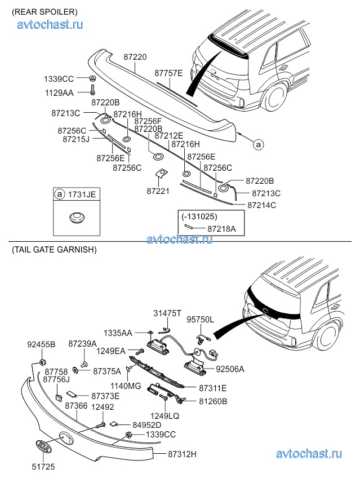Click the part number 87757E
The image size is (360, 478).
tap(168, 73)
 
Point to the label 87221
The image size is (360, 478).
tap(158, 192)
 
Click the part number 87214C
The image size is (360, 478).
tap(261, 205)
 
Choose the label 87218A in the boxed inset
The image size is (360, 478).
tap(221, 229)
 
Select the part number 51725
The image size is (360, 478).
tap(42, 467)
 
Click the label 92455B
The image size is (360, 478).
tap(41, 344)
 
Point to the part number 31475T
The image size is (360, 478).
tap(168, 313)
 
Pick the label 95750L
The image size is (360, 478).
tap(200, 319)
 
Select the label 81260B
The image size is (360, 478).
tap(213, 401)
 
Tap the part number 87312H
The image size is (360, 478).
tap(182, 453)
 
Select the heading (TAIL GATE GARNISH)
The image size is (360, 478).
tap(54, 249)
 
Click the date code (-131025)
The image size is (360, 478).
tap(199, 216)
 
